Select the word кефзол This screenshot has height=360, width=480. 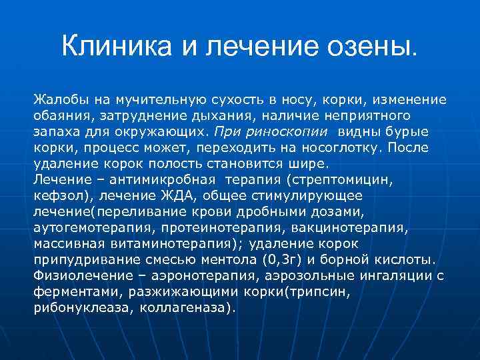[58, 196]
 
